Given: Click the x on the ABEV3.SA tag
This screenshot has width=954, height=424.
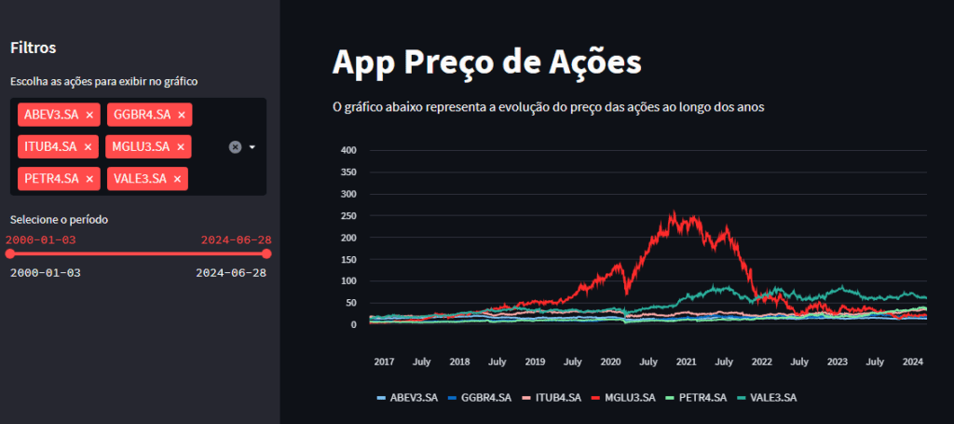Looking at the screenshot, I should pos(89,115).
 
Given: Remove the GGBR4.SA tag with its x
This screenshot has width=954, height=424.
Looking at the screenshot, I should pos(182,115).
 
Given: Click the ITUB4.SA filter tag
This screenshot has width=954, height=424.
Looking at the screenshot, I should pos(51,146).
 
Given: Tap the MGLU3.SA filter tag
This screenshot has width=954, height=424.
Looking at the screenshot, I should pos(140,146).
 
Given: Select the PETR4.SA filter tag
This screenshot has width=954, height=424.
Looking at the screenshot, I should pos(51,178).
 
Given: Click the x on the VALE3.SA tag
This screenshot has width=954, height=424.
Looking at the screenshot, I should pos(177,178).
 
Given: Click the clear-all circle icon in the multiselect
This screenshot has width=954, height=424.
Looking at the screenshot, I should pos(235,146).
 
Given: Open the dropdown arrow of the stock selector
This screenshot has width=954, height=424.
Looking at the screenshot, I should pos(252,146).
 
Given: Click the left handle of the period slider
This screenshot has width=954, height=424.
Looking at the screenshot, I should pos(10,253).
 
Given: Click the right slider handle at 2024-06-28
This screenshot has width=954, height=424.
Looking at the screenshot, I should pos(266,253).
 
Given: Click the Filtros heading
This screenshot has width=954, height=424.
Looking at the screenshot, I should pos(34,48).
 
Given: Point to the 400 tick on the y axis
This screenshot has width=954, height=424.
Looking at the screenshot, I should pos(349,150).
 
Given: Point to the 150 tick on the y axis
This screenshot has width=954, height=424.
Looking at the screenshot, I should pos(349,259).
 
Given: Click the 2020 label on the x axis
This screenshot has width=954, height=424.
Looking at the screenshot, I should pos(610,361).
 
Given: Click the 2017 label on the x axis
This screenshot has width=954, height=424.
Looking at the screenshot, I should pos(384,361).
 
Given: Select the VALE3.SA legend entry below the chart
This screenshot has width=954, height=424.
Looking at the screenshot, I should pos(768,398).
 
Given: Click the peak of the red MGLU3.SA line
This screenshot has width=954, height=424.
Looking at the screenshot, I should pos(674,212).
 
